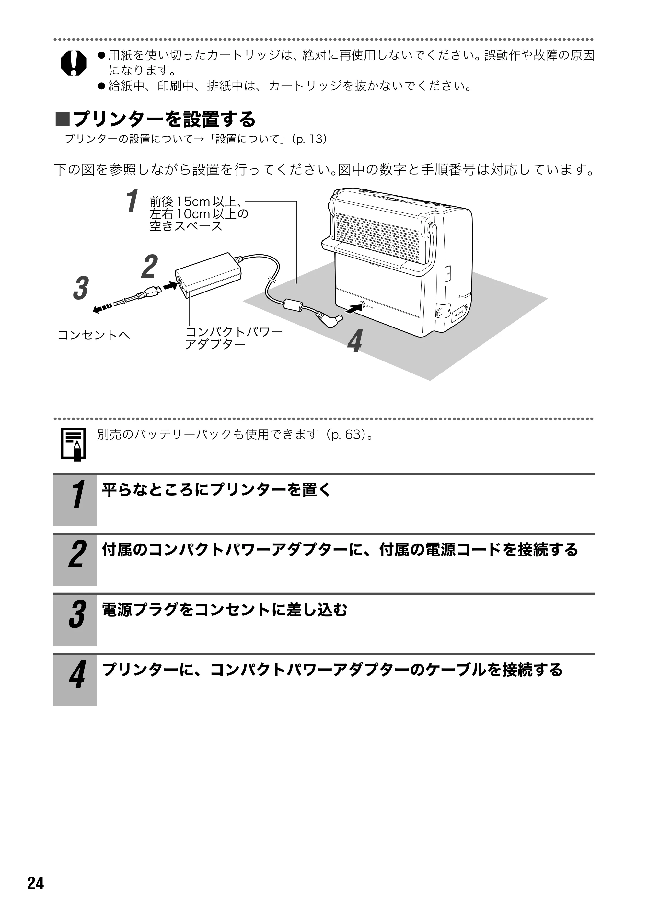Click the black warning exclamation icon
(74, 63)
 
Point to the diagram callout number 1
(132, 201)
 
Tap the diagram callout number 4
(355, 341)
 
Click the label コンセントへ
(94, 335)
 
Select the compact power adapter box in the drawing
(209, 275)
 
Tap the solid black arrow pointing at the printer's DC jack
(353, 308)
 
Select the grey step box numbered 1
(75, 500)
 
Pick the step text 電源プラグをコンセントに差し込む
(225, 610)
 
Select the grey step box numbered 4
(75, 680)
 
